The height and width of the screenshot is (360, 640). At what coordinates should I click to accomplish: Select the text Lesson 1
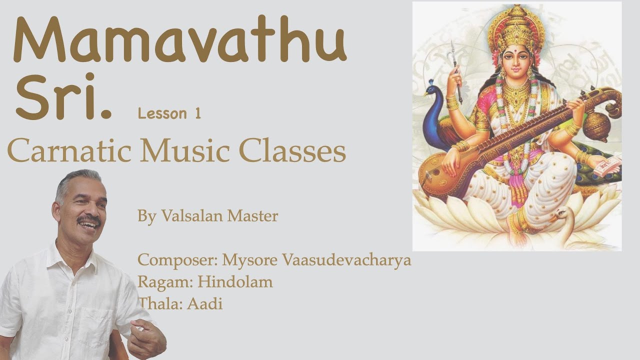[x=169, y=114]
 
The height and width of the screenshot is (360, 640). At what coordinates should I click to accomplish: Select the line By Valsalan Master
[x=207, y=216]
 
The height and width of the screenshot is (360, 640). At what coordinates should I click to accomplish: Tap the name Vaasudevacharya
[x=346, y=260]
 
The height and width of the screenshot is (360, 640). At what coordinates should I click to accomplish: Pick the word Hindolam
[x=235, y=282]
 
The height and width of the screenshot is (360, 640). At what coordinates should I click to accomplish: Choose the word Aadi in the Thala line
[x=204, y=304]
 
